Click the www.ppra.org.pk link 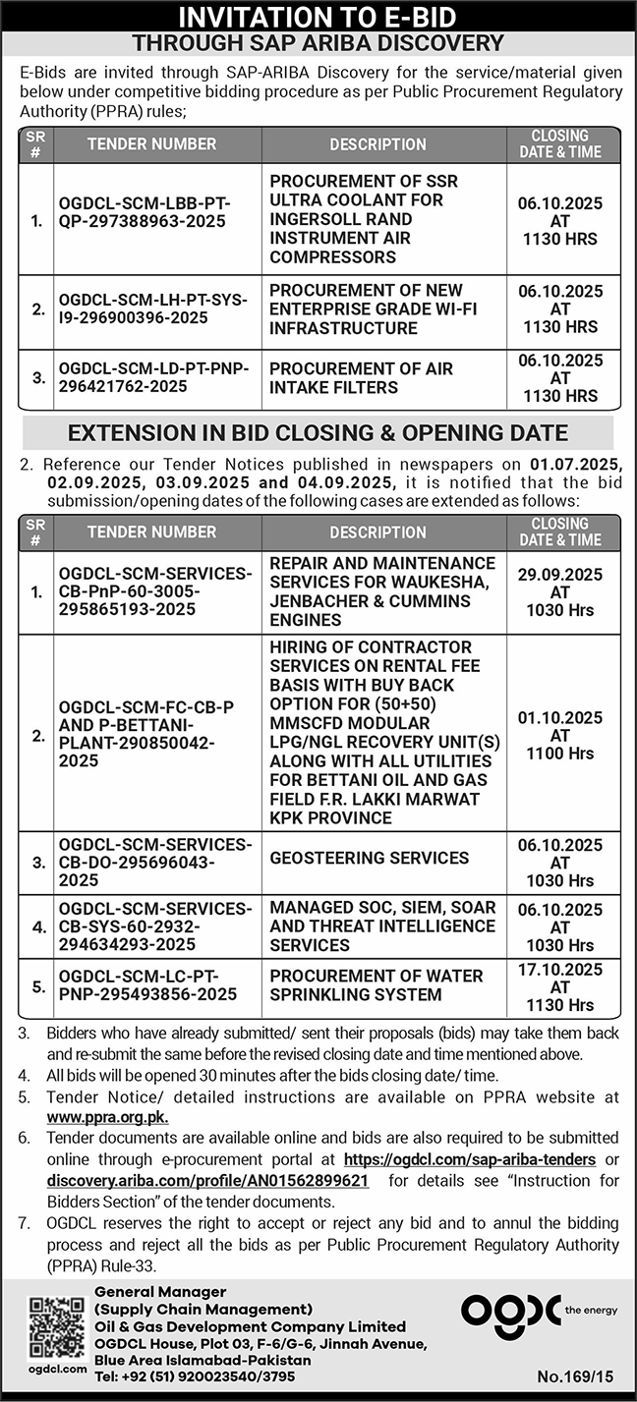click(x=107, y=1117)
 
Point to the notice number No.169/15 click(x=580, y=1375)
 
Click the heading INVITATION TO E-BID click(x=318, y=17)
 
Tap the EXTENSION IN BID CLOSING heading click(x=318, y=432)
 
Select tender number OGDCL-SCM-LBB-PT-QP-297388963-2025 click(x=144, y=211)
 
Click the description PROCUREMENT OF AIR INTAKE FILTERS click(x=361, y=378)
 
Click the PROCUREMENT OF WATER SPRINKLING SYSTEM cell click(x=376, y=985)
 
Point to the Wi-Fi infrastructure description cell click(x=374, y=309)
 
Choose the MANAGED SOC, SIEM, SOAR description click(x=382, y=925)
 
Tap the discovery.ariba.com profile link click(x=207, y=1180)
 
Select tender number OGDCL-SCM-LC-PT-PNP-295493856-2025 click(x=147, y=985)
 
